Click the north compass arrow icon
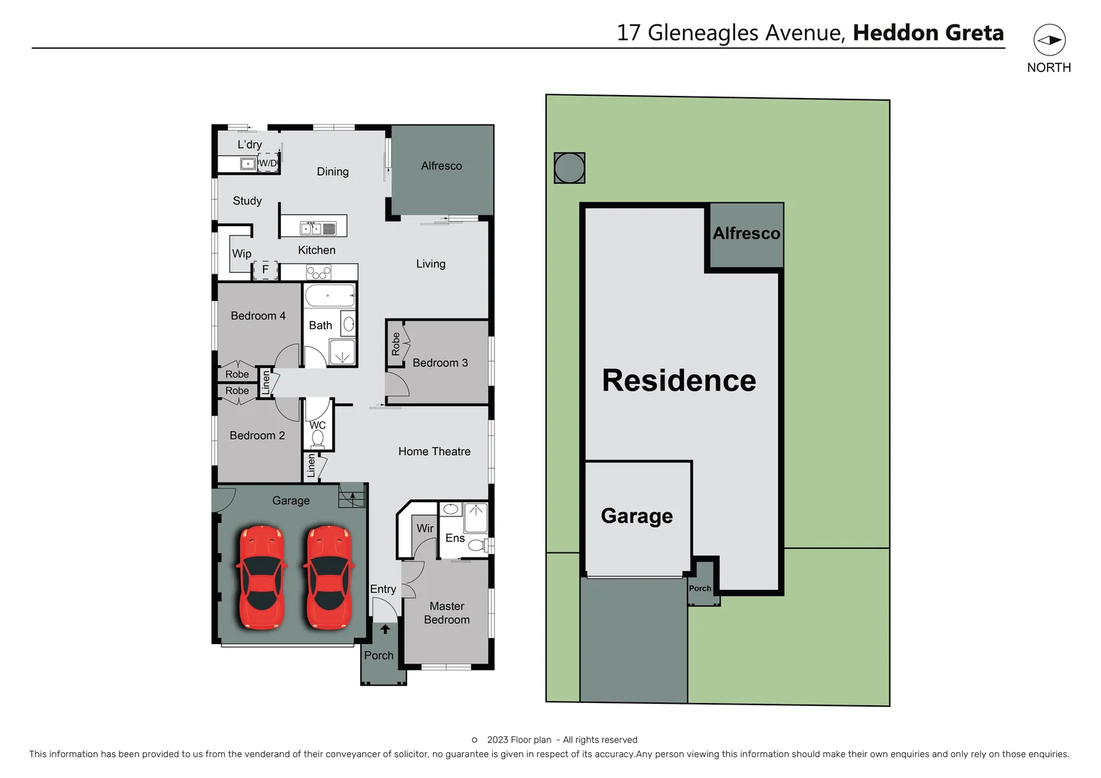click(1049, 40)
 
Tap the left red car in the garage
click(262, 578)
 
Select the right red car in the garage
click(329, 578)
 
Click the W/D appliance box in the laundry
click(268, 163)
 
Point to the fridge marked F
click(265, 270)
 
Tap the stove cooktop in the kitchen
click(318, 272)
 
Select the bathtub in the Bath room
click(329, 295)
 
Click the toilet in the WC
click(318, 438)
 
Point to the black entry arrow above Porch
click(385, 629)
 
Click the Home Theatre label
click(434, 452)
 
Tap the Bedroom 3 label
click(440, 363)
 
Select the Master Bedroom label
click(447, 613)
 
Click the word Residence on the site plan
click(679, 380)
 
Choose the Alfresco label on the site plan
click(746, 233)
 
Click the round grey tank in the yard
click(569, 168)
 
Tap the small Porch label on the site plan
click(700, 589)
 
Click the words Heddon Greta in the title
click(928, 32)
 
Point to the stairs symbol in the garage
click(352, 496)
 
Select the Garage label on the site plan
click(637, 516)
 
